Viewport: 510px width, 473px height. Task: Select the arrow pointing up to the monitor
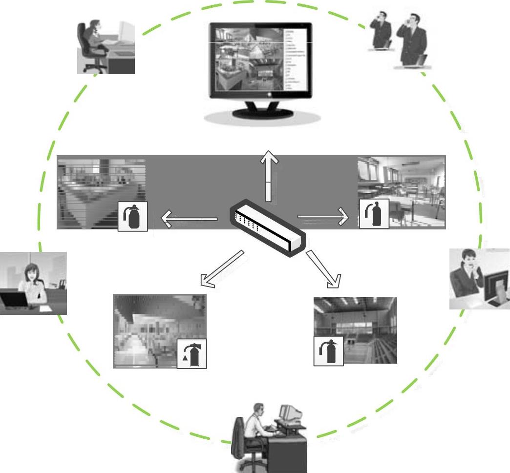[x=268, y=176]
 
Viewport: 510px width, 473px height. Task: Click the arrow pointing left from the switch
[x=189, y=219]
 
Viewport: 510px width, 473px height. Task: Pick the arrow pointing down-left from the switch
[x=222, y=268]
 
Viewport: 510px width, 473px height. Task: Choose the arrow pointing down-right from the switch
[x=324, y=268]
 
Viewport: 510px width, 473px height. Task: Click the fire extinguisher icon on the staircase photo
[x=133, y=217]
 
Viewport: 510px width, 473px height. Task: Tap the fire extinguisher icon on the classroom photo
[x=374, y=214]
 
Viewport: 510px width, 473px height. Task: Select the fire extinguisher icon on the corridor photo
[x=192, y=353]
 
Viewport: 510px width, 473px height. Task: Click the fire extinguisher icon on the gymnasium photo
[x=328, y=351]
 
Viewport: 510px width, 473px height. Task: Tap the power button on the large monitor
[x=269, y=95]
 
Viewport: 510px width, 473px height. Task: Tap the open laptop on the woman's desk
[x=12, y=298]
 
